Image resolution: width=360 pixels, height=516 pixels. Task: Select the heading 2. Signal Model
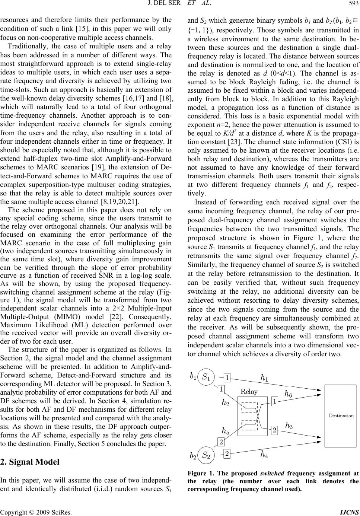(30, 462)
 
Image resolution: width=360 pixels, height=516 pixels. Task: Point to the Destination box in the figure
(341, 405)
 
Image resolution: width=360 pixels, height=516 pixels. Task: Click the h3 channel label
(289, 425)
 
